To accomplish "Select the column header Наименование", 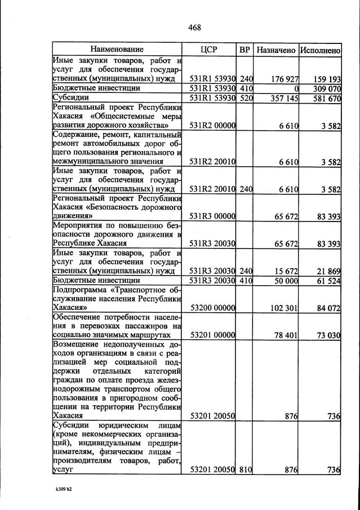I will coord(117,50).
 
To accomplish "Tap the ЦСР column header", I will coord(208,50).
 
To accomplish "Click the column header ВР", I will coord(245,50).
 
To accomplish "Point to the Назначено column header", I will coord(276,50).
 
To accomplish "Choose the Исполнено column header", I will coord(320,50).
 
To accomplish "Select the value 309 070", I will coord(326,88).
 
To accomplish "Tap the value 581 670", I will coord(326,98).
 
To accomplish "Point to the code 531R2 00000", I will coord(212,126).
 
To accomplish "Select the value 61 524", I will coord(328,280).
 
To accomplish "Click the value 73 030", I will coord(328,335).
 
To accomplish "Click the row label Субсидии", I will coord(68,98).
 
